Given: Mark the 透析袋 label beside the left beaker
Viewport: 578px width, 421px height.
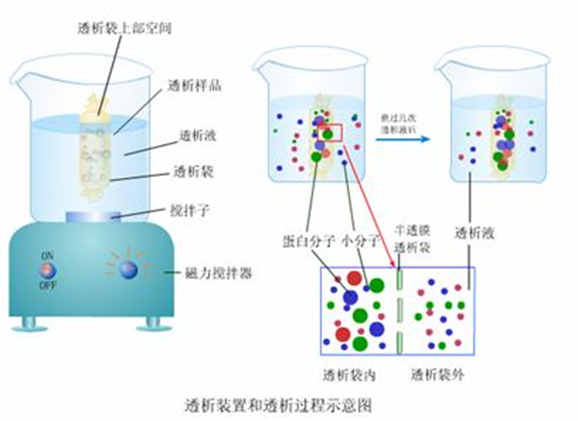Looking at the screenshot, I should [194, 171].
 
